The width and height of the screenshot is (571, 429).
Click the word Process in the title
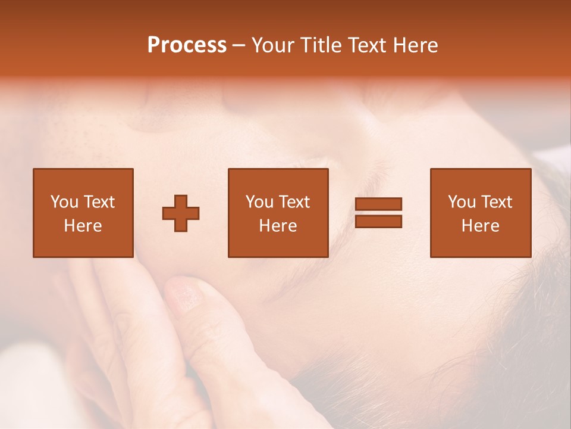pos(187,45)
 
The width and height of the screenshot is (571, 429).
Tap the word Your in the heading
pos(272,45)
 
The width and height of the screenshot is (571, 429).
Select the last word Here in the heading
pos(416,45)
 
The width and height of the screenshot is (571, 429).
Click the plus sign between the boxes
pos(181,213)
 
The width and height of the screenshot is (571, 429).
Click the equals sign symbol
pos(378,213)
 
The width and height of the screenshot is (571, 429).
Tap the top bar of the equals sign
pos(378,204)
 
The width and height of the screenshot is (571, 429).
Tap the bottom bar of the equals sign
pos(378,221)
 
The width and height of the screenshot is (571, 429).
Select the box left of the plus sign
pos(83,213)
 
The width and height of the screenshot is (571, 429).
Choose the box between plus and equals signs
pos(278,213)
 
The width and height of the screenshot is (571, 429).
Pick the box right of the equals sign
pos(480,213)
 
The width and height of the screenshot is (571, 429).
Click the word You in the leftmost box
pos(64,202)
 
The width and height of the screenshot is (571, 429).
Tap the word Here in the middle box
pos(278,226)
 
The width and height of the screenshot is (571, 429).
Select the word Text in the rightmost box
pos(497,202)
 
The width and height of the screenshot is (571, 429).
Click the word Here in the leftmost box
pos(83,226)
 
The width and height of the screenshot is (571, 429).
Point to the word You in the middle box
pos(259,202)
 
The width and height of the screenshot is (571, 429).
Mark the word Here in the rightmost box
pos(480,226)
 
